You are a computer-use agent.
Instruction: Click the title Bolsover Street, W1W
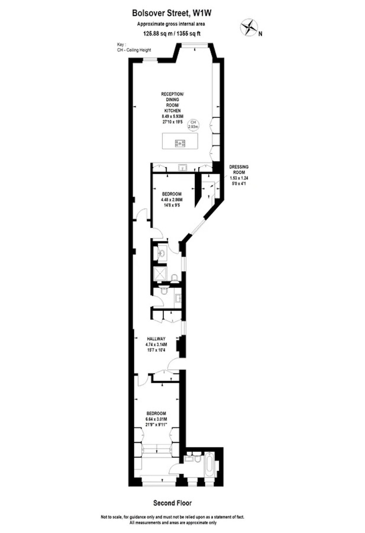172,14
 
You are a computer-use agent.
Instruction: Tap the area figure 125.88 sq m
157,33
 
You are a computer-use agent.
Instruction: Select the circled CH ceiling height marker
193,124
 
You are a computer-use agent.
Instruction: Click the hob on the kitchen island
180,143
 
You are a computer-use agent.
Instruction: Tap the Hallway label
156,339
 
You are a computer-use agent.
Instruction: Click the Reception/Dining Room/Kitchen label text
172,102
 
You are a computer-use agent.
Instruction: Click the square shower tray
161,274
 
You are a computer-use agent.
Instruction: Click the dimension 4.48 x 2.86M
172,200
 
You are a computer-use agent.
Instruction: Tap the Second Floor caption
172,503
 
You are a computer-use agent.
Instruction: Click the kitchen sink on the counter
182,168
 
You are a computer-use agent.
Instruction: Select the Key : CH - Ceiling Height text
134,47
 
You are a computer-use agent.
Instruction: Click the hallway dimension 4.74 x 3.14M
156,344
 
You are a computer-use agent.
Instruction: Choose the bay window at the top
195,44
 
